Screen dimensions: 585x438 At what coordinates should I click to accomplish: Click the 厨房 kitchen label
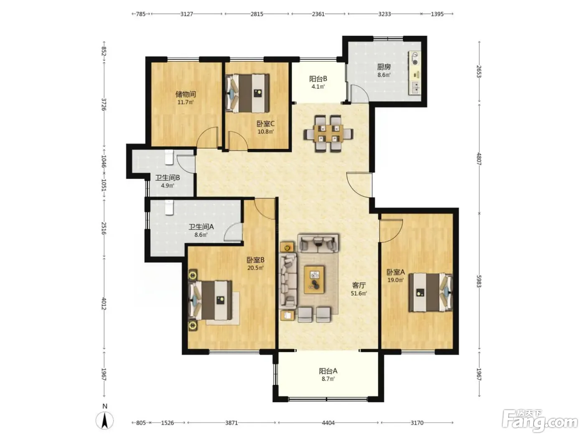(x=384, y=66)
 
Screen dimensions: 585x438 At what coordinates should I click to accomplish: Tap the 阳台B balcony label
(x=318, y=79)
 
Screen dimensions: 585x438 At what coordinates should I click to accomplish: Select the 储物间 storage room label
(x=186, y=94)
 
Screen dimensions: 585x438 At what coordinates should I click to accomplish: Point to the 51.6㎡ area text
(x=359, y=293)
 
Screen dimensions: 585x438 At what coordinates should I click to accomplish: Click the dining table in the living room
(x=328, y=133)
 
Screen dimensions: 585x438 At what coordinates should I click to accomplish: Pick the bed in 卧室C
(x=247, y=93)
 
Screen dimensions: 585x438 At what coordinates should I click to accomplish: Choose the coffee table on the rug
(x=315, y=279)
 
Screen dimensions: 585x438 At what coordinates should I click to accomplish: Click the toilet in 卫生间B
(x=169, y=157)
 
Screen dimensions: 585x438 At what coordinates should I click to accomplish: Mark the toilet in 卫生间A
(x=169, y=208)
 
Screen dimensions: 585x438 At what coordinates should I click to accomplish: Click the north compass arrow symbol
(x=105, y=420)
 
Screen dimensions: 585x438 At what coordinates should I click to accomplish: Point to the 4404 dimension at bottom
(x=328, y=423)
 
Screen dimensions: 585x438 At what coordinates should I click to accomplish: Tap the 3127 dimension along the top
(x=186, y=14)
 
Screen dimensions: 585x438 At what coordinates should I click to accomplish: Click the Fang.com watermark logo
(x=540, y=421)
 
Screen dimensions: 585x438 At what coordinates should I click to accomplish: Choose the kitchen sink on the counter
(x=415, y=88)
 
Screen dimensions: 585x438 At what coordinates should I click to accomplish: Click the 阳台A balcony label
(x=328, y=370)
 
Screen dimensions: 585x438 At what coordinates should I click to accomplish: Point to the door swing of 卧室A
(x=391, y=230)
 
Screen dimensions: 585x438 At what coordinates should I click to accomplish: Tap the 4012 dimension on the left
(x=104, y=303)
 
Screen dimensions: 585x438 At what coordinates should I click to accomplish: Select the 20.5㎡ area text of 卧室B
(x=255, y=267)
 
